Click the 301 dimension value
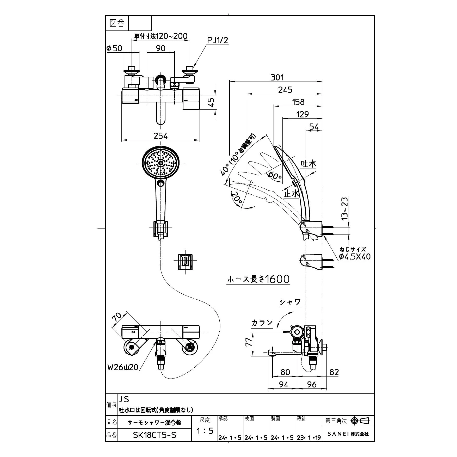point(277,77)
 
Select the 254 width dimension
point(161,136)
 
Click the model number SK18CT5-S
point(155,435)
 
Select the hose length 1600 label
point(258,279)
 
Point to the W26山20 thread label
point(123,367)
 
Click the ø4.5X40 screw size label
point(355,257)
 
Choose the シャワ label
point(290,302)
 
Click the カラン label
point(262,323)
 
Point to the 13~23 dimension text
point(345,209)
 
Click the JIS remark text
point(124,399)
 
